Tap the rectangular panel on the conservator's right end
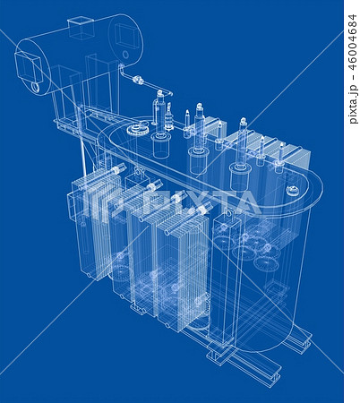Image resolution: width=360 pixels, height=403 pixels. pyautogui.click(x=126, y=38)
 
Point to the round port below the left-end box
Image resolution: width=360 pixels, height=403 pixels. pyautogui.click(x=35, y=88)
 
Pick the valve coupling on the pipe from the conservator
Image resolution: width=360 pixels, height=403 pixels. pyautogui.click(x=138, y=81)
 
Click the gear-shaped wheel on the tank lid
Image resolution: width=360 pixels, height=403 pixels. pyautogui.click(x=137, y=130)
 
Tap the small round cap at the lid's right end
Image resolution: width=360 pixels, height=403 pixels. pyautogui.click(x=292, y=190)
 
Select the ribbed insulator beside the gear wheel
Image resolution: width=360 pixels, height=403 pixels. pyautogui.click(x=167, y=116)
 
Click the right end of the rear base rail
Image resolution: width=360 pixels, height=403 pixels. pyautogui.click(x=304, y=339)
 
